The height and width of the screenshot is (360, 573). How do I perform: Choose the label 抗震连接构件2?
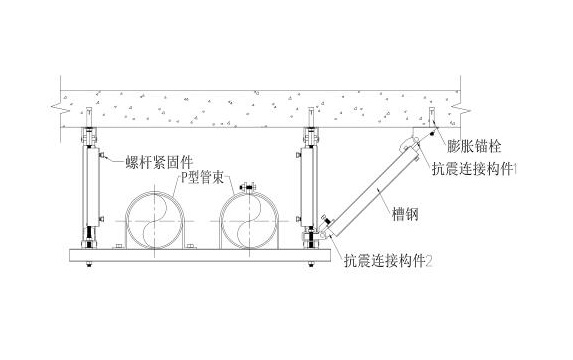388,264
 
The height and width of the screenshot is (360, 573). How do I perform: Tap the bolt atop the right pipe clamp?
250,184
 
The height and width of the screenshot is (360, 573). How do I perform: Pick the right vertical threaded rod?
312,190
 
